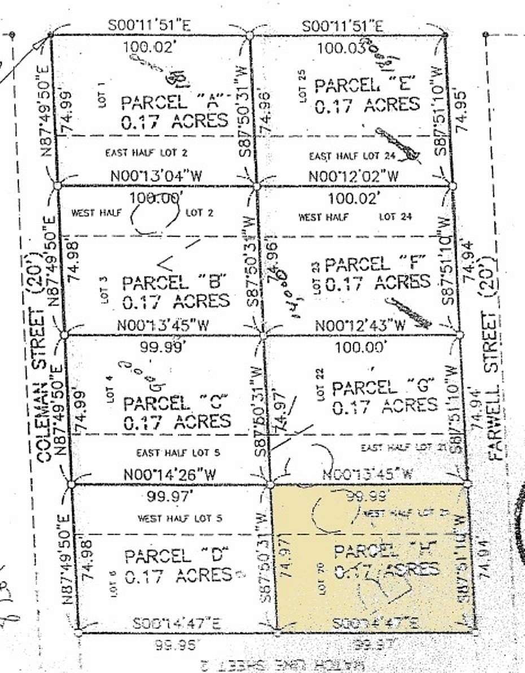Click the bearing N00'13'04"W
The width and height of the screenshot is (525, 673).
[156, 176]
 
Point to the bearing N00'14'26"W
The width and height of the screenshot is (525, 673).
[170, 475]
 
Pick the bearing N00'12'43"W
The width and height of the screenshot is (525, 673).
[360, 325]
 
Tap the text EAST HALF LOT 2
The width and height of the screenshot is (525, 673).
[147, 152]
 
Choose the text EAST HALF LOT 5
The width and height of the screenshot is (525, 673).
[178, 453]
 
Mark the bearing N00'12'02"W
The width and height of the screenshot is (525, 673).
[353, 176]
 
